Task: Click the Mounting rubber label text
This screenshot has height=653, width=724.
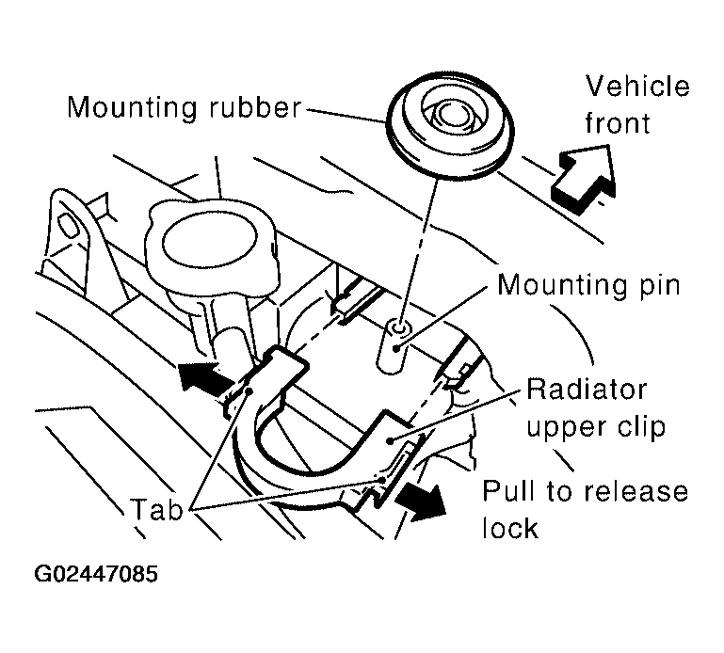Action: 185,108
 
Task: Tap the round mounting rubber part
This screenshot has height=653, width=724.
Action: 450,123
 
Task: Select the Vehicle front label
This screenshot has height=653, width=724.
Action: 637,104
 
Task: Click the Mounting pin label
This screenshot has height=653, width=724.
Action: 588,285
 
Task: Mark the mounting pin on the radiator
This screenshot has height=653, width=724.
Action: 393,347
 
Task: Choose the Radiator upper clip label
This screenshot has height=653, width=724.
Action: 596,408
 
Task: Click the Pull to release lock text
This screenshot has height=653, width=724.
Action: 585,509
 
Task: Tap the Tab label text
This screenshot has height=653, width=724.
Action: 157,510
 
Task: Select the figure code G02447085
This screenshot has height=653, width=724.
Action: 96,575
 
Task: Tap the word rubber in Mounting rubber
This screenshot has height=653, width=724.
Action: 255,108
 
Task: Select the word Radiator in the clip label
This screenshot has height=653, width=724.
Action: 586,390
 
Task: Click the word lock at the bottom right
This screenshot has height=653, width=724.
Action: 510,528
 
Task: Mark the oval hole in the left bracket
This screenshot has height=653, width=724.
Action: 67,227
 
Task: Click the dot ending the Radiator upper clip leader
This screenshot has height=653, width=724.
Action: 391,441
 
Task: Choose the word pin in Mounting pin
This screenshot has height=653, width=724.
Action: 656,286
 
